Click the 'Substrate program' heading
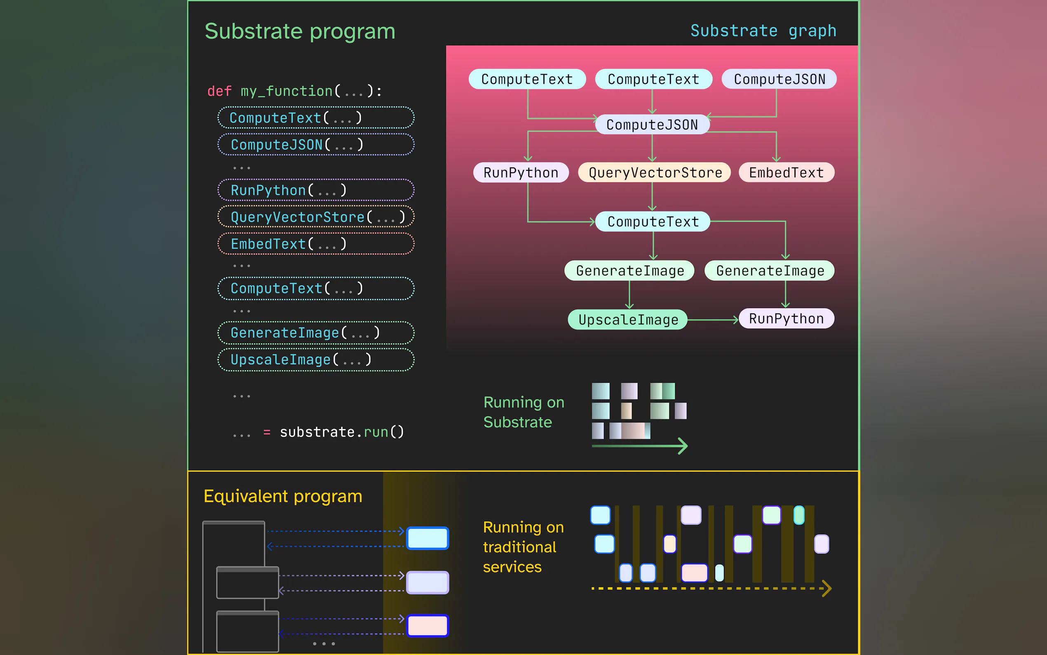(x=300, y=32)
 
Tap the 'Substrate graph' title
(x=763, y=31)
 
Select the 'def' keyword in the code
(x=219, y=91)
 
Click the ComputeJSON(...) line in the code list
(x=316, y=144)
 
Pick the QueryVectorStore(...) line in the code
(x=316, y=217)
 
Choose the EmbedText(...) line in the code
(x=316, y=243)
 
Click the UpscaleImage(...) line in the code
(x=316, y=360)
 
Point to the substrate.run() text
(x=342, y=432)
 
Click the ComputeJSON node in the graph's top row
(x=779, y=79)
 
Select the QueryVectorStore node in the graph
(x=655, y=172)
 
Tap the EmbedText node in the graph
(x=786, y=172)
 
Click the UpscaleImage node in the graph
(x=628, y=320)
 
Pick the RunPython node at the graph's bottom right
(x=786, y=319)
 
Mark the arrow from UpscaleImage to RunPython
(x=713, y=320)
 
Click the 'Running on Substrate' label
(x=524, y=412)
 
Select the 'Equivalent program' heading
(x=283, y=496)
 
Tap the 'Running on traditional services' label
(x=523, y=547)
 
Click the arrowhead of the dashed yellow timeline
(x=827, y=588)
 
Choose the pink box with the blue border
(x=427, y=626)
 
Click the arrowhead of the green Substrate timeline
(x=683, y=446)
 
